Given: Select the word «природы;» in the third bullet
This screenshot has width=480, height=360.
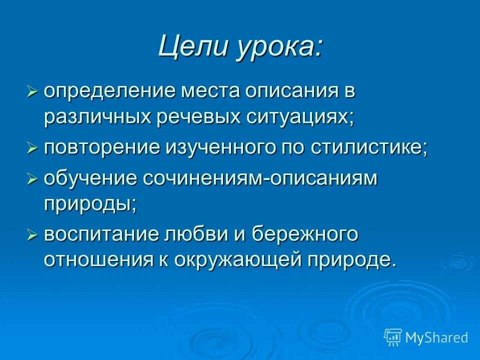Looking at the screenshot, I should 90,204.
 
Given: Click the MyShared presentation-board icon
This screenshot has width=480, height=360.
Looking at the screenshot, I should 393,336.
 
